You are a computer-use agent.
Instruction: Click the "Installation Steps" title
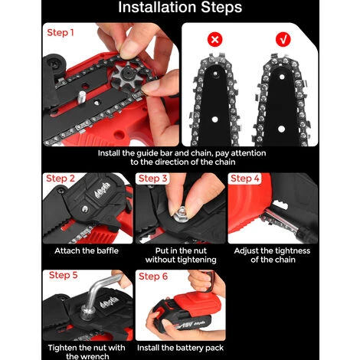coord(180,7)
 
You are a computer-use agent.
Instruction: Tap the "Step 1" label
coord(61,33)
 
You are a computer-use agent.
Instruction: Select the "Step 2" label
coord(61,178)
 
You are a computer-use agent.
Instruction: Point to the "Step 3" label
coord(152,178)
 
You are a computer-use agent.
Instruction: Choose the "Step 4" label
coord(245,178)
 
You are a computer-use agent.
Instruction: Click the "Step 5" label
coord(63,275)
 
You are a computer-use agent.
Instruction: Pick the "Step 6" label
coord(153,277)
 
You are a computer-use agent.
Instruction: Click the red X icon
coord(215,40)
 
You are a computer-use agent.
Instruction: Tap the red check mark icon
coord(283,39)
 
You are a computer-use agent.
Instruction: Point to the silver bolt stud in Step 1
coord(81,97)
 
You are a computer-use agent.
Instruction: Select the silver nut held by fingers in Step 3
coord(181,214)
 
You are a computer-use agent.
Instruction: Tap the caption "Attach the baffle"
coord(87,250)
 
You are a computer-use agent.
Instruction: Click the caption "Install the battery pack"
coord(180,348)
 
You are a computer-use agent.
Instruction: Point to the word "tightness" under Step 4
coord(291,250)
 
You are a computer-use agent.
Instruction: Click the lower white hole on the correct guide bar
coord(281,129)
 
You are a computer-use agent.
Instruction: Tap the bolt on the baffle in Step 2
coord(84,209)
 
